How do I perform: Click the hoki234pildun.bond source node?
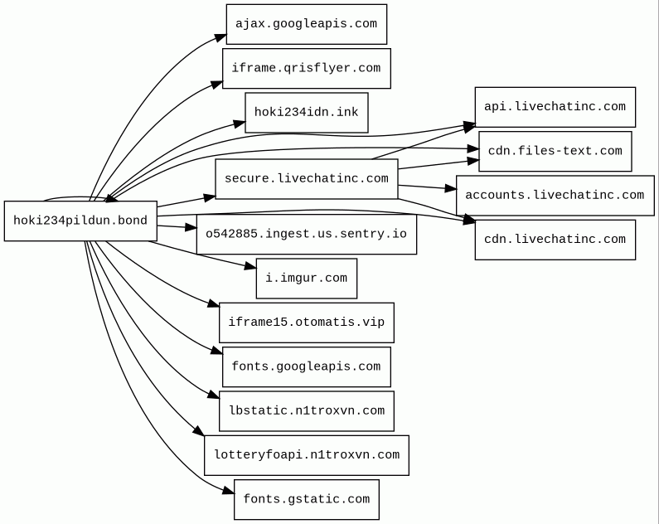80,221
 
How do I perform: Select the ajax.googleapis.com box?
307,24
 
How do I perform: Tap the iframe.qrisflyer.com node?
307,69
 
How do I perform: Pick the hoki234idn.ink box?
307,113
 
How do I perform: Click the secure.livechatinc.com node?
307,178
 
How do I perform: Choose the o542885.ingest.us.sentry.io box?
307,235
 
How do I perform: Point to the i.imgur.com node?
307,279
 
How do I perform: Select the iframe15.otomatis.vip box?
307,323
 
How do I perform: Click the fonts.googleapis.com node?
307,366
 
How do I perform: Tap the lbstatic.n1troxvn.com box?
307,411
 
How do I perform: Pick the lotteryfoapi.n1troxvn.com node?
307,455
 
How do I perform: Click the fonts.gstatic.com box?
307,500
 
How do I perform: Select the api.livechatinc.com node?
555,107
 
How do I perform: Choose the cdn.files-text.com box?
555,151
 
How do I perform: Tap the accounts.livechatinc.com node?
555,196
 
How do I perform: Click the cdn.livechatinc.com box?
555,240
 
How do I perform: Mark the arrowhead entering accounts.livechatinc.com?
451,189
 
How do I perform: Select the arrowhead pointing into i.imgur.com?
250,266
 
